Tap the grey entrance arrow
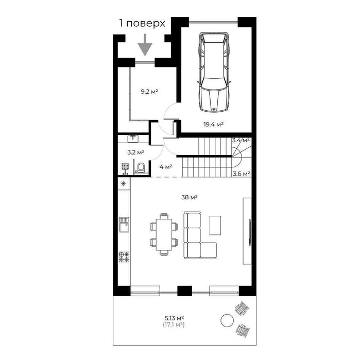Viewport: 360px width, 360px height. [x=146, y=45]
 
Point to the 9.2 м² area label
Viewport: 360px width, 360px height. [x=149, y=92]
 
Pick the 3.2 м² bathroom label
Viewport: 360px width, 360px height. [x=135, y=152]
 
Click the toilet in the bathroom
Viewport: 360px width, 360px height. [x=140, y=167]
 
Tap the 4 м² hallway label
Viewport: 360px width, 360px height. [x=165, y=167]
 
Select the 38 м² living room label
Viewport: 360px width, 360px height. [x=190, y=197]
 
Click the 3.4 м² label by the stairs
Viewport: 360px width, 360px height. [x=241, y=140]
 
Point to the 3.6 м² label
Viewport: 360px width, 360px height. [x=241, y=174]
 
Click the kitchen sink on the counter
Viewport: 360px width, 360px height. [x=124, y=224]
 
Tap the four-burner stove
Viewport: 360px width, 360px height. [x=124, y=256]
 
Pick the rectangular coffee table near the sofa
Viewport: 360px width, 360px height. [x=216, y=224]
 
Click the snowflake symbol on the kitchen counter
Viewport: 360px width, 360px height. [x=124, y=184]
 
